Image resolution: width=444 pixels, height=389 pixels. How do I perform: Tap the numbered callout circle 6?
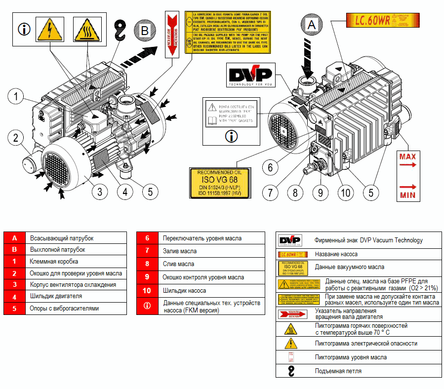[x=270, y=167]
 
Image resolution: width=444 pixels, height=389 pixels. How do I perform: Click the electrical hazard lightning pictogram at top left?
[x=50, y=30]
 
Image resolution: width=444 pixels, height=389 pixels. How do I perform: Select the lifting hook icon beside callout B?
[x=120, y=30]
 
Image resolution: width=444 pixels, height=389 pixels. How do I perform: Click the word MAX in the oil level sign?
[x=407, y=157]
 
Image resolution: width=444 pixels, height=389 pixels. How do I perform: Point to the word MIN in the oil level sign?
[x=407, y=195]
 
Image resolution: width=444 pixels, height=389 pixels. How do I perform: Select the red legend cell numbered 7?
[x=147, y=251]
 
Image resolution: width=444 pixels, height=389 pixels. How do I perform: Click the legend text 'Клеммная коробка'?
[x=54, y=262]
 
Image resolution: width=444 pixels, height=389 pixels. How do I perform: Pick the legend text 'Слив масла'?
[x=178, y=264]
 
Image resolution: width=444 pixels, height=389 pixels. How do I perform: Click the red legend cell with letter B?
[x=15, y=250]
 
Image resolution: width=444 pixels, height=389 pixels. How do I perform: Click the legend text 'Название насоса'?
[x=336, y=254]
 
